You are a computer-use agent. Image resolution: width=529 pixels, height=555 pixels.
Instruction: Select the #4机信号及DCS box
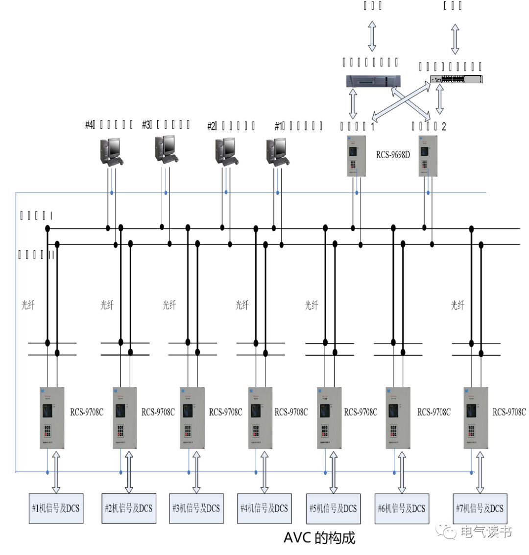[264, 508]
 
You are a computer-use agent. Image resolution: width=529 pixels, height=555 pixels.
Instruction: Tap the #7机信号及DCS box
[480, 508]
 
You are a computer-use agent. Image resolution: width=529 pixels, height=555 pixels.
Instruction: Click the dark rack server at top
[373, 81]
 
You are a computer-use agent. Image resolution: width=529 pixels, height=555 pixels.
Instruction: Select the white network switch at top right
[456, 79]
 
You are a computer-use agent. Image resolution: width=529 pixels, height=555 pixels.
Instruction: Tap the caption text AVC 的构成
[319, 538]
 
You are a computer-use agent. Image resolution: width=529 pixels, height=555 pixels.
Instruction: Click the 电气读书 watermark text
[485, 532]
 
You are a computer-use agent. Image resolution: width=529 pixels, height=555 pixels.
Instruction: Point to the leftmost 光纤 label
[28, 305]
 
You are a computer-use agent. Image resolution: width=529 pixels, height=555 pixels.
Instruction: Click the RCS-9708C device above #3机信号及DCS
[188, 417]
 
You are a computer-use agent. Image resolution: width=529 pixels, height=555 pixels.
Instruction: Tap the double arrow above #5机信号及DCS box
[333, 472]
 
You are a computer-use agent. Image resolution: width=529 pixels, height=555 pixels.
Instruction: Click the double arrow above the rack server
[372, 36]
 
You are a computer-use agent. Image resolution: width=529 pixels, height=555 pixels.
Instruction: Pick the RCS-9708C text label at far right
[509, 412]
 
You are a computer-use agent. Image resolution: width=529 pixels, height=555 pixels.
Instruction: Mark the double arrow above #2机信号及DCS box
[129, 472]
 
